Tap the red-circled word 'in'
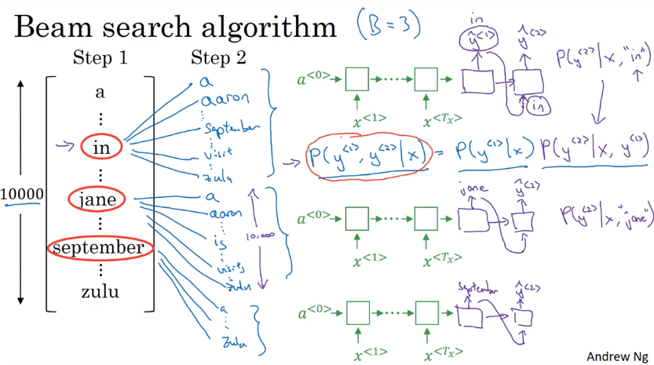click(x=100, y=147)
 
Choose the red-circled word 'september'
click(x=99, y=248)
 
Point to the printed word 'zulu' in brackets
click(x=99, y=293)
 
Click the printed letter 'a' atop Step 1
click(x=100, y=93)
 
